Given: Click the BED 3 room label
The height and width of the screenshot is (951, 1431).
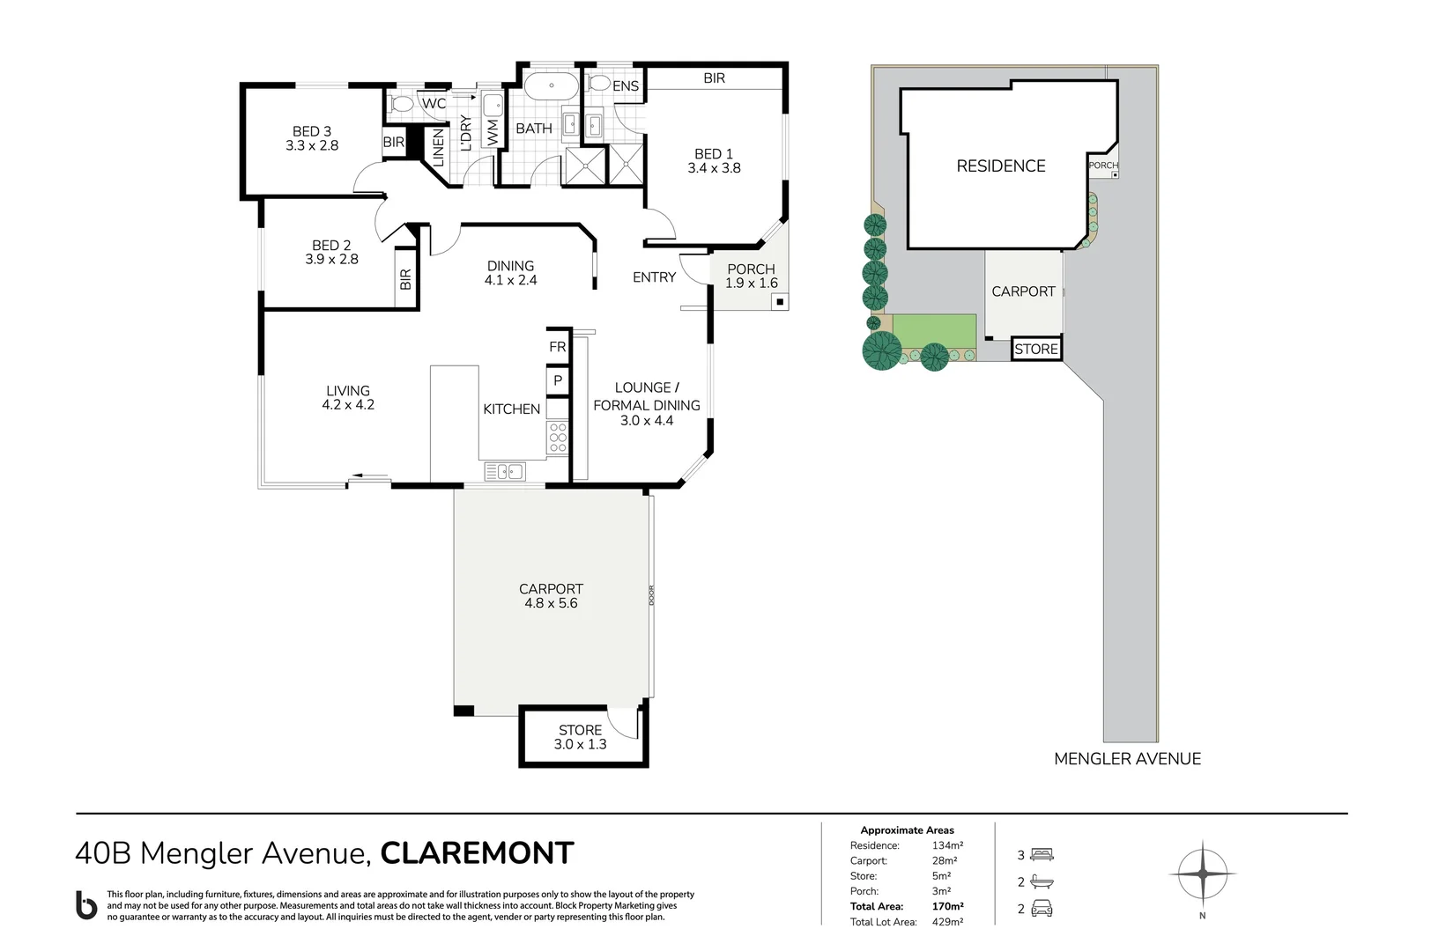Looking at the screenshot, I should pyautogui.click(x=312, y=138).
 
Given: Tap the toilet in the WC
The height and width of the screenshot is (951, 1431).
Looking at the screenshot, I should pyautogui.click(x=403, y=105).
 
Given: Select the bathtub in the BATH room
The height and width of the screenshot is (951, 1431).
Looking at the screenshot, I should pyautogui.click(x=552, y=86).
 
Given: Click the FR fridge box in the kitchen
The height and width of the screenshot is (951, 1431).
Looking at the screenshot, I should pyautogui.click(x=558, y=347).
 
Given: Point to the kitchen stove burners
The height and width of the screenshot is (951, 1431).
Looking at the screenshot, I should pyautogui.click(x=558, y=438).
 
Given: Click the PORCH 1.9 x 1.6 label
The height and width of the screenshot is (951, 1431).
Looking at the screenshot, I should pyautogui.click(x=751, y=276).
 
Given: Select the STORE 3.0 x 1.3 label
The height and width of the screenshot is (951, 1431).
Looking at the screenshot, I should pyautogui.click(x=580, y=737).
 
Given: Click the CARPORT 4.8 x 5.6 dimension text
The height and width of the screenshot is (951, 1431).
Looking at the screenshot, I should pyautogui.click(x=551, y=603).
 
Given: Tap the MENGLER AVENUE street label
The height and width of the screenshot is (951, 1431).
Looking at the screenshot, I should pyautogui.click(x=1127, y=758).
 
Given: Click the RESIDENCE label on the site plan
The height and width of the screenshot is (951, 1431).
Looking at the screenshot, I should pyautogui.click(x=1001, y=166).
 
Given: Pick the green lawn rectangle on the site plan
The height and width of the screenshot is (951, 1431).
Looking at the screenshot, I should pyautogui.click(x=934, y=331).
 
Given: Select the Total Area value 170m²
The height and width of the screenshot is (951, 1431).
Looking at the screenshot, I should pyautogui.click(x=947, y=906).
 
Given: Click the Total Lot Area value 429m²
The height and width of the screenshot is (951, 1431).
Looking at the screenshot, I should pyautogui.click(x=947, y=922).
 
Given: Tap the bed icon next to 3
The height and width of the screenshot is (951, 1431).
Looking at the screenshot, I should pyautogui.click(x=1042, y=854).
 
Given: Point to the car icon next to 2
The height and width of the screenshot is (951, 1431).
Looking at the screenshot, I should pyautogui.click(x=1042, y=909).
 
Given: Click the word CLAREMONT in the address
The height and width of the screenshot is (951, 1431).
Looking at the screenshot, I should pyautogui.click(x=477, y=852).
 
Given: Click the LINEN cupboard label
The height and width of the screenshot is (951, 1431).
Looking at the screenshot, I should pyautogui.click(x=438, y=147).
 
